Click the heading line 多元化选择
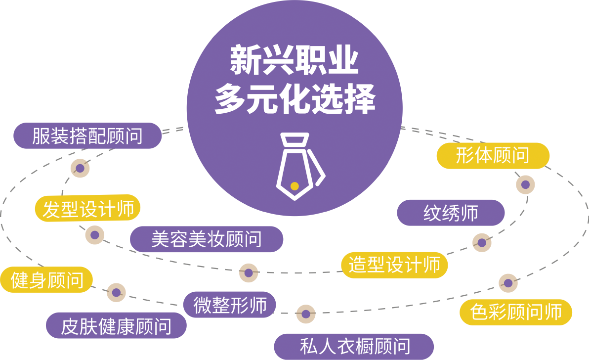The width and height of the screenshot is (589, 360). [294, 100]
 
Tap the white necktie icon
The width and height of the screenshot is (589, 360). [298, 166]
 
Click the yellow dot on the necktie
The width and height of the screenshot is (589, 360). [294, 186]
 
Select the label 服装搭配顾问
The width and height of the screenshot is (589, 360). [87, 136]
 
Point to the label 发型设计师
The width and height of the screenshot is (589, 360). [88, 209]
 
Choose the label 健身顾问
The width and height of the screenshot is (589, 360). [47, 281]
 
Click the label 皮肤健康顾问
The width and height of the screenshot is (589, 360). [116, 326]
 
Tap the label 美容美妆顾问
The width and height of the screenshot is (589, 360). [206, 239]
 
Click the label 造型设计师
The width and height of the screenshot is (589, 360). [394, 265]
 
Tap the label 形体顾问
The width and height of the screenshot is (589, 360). [492, 155]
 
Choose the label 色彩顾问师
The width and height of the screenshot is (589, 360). [516, 312]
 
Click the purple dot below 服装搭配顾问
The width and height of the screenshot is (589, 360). [80, 169]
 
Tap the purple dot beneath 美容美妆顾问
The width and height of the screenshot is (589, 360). [249, 273]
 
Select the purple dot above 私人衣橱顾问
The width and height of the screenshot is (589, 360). [306, 314]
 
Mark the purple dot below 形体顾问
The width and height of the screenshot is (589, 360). [525, 184]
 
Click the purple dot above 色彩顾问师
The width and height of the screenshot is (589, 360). [507, 283]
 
